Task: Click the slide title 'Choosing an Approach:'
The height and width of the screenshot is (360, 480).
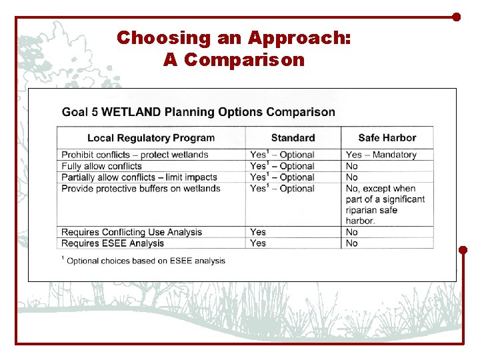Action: click(x=233, y=38)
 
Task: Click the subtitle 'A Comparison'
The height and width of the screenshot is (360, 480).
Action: click(x=233, y=60)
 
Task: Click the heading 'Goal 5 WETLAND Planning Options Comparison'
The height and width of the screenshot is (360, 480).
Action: click(x=199, y=112)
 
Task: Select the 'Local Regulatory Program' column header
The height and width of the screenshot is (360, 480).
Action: click(x=151, y=138)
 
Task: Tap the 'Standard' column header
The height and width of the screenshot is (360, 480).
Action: click(x=293, y=138)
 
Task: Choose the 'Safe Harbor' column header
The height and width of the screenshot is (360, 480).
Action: click(x=387, y=138)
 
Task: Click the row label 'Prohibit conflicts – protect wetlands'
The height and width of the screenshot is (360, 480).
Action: click(x=135, y=155)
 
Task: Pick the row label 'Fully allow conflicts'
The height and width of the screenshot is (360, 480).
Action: click(x=101, y=166)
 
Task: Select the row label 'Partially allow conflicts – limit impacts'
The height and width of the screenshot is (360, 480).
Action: click(x=139, y=177)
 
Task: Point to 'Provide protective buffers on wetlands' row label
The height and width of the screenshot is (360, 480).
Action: click(x=141, y=189)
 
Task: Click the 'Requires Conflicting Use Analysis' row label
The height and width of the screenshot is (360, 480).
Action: click(x=131, y=232)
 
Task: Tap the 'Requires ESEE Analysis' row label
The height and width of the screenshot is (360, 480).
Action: click(x=112, y=243)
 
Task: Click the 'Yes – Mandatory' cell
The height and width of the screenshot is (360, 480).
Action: click(x=381, y=155)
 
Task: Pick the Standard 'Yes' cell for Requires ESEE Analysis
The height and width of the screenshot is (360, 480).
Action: click(x=258, y=243)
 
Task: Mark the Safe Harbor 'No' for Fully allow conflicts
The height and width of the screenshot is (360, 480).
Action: click(x=352, y=166)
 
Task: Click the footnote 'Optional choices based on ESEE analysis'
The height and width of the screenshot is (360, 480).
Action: click(x=145, y=261)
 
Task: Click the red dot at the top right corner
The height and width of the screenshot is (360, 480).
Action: click(x=457, y=17)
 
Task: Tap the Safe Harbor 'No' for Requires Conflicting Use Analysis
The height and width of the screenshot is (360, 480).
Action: click(x=352, y=232)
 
